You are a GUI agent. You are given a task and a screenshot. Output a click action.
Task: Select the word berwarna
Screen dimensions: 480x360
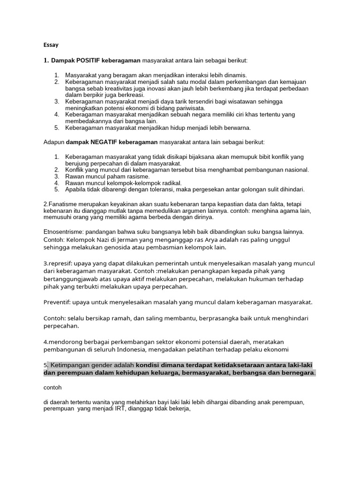(237, 127)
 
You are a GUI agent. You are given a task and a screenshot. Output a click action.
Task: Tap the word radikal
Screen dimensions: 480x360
(170, 183)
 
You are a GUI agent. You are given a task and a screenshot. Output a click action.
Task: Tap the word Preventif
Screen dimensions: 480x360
(58, 302)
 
